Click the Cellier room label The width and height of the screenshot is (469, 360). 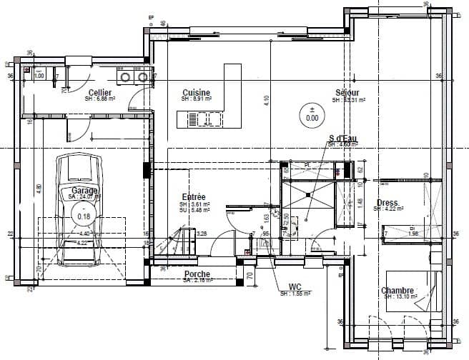[x=99, y=94]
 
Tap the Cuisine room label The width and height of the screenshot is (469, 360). [x=195, y=94]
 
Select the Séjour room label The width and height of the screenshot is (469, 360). [x=347, y=94]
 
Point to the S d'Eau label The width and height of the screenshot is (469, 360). [x=342, y=138]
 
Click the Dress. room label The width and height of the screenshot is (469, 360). [x=387, y=203]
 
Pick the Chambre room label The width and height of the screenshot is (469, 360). [x=398, y=291]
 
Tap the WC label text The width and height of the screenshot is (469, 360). [x=294, y=287]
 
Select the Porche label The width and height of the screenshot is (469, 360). [x=197, y=274]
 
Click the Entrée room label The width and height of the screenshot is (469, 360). [x=194, y=196]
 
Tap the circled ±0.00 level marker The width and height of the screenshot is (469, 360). [x=312, y=114]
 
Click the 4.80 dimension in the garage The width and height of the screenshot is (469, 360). [x=39, y=189]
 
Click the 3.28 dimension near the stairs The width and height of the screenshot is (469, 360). [x=202, y=234]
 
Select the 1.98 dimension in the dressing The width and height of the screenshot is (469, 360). [x=412, y=234]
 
